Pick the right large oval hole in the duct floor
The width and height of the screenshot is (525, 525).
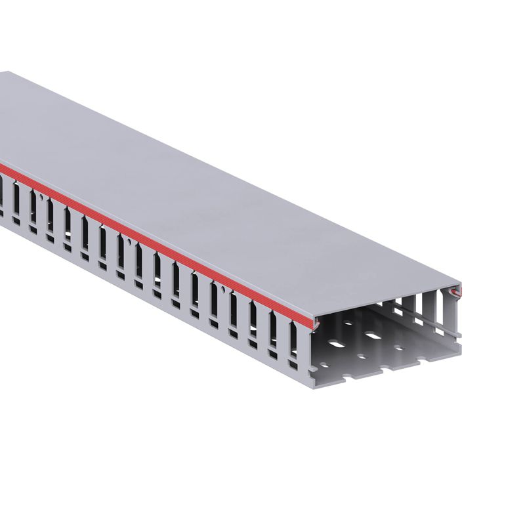373,335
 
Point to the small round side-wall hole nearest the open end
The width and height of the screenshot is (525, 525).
224,289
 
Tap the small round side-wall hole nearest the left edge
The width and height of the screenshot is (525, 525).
41,196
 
